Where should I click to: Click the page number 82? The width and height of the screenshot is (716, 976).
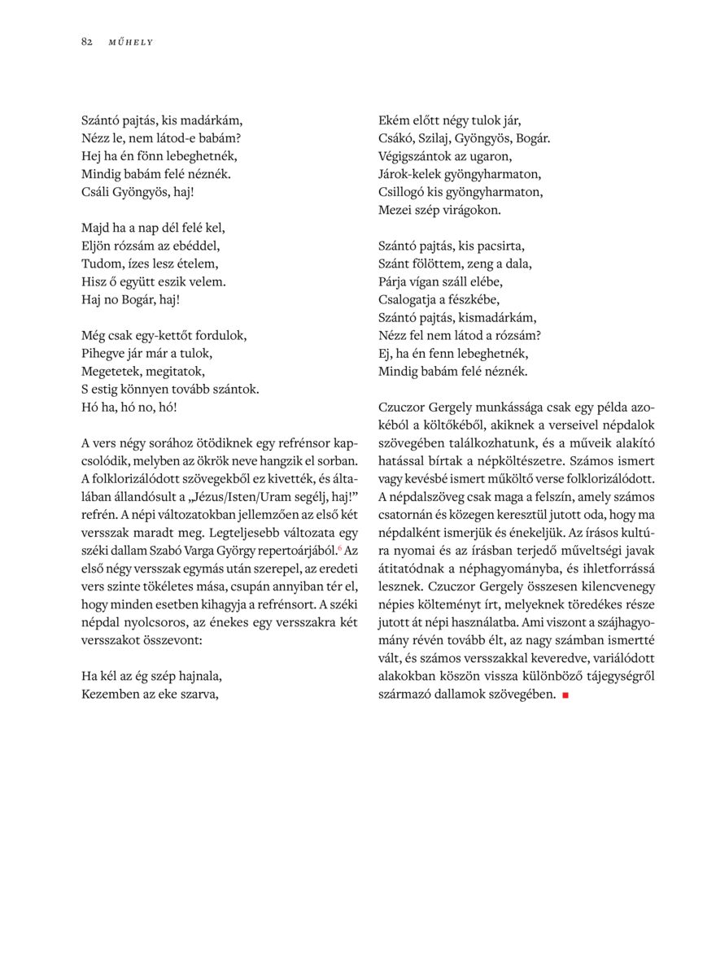(x=86, y=42)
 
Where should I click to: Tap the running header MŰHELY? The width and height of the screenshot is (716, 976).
(x=130, y=42)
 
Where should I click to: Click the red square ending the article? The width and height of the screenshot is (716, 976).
(x=565, y=695)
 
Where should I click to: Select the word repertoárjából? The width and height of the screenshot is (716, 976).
(x=292, y=551)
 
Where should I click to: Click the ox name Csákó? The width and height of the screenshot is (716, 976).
(x=396, y=138)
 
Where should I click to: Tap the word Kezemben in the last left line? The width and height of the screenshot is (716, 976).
(x=109, y=694)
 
